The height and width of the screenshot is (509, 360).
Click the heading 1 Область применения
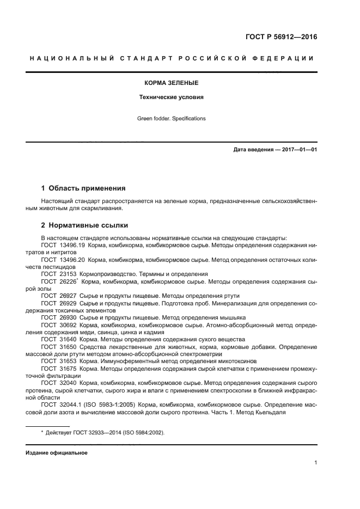[x=83, y=188]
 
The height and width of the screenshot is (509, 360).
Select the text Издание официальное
[x=57, y=453]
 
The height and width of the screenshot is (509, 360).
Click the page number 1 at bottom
[x=315, y=464]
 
